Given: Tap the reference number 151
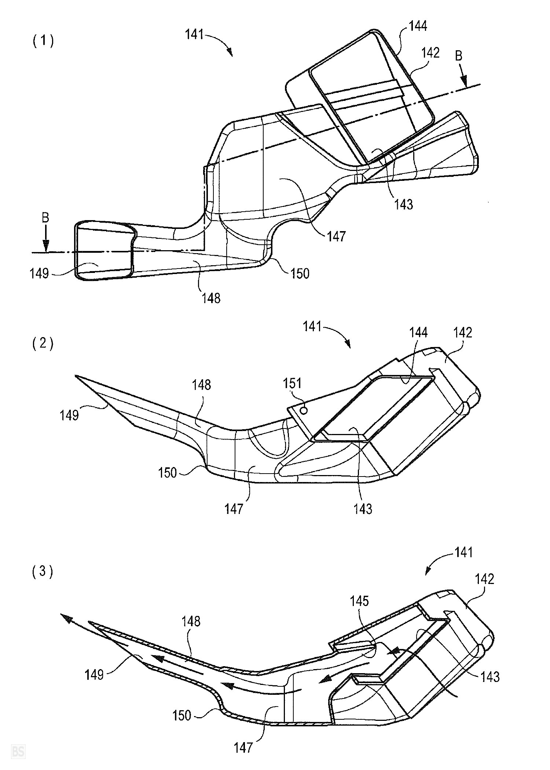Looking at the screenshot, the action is click(292, 383).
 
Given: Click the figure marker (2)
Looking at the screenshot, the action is click(43, 344).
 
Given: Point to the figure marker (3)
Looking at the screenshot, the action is click(43, 572).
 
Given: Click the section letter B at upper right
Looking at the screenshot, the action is click(459, 56).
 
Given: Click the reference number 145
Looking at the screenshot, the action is click(359, 601).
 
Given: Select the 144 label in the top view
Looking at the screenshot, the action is click(418, 26).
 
